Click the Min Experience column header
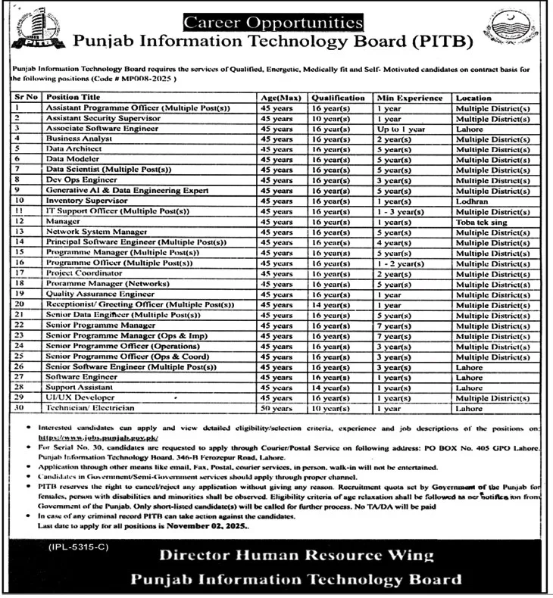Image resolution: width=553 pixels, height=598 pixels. (x=410, y=98)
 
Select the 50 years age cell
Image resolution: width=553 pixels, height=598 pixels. (x=276, y=407)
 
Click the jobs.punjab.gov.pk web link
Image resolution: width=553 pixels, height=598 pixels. (x=98, y=437)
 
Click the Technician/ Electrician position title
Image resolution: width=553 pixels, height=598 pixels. (x=90, y=407)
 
